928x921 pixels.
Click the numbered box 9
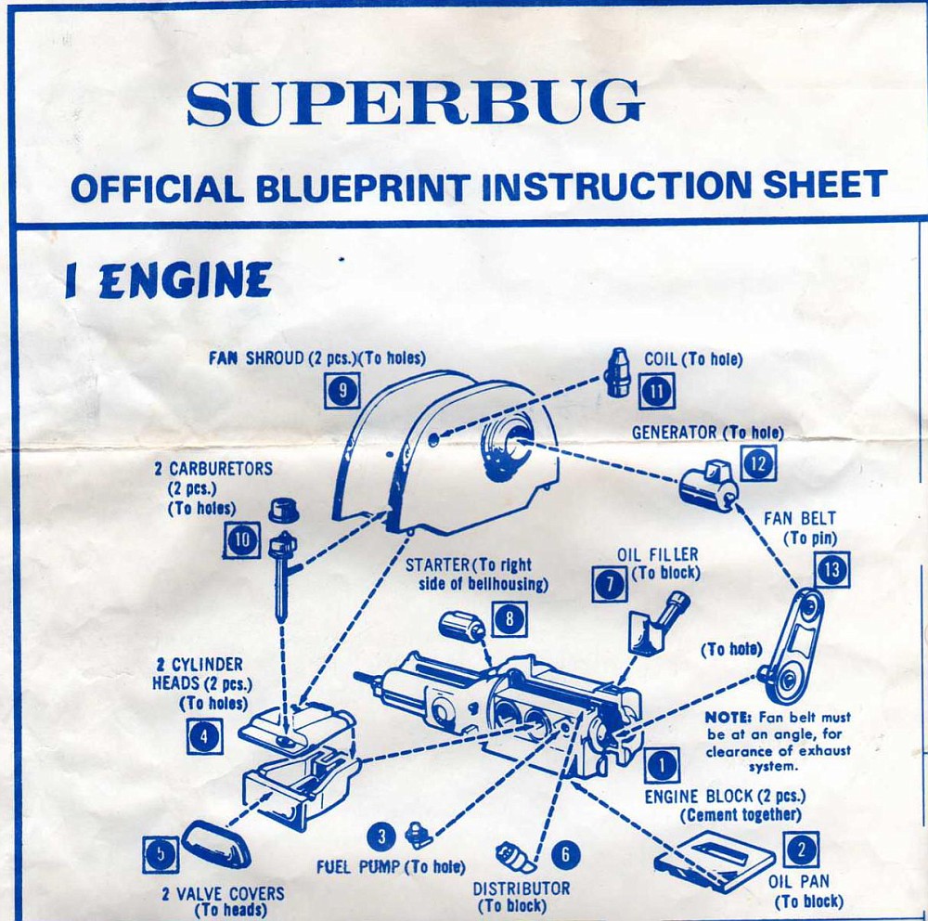pyautogui.click(x=342, y=391)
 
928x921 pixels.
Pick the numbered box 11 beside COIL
pyautogui.click(x=657, y=391)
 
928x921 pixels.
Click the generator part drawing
pyautogui.click(x=708, y=485)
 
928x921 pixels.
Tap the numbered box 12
pyautogui.click(x=758, y=462)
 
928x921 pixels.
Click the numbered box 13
pyautogui.click(x=831, y=569)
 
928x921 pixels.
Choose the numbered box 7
pyautogui.click(x=611, y=583)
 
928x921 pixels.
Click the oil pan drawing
pyautogui.click(x=715, y=862)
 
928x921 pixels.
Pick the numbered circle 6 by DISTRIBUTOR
pyautogui.click(x=565, y=855)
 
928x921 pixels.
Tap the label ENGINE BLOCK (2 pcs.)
pyautogui.click(x=725, y=797)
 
